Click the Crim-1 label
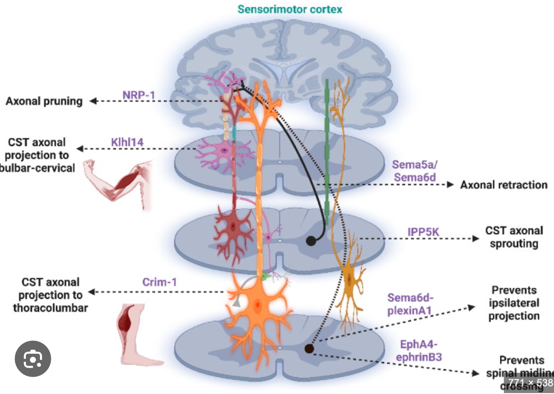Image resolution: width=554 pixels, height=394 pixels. click(x=156, y=282)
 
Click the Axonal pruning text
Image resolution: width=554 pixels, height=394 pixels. click(x=44, y=101)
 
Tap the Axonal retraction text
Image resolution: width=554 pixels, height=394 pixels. click(x=504, y=185)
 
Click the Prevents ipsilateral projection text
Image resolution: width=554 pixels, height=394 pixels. click(x=514, y=303)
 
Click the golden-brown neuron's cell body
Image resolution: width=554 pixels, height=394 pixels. click(x=349, y=276)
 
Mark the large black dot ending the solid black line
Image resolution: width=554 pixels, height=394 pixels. click(x=311, y=241)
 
